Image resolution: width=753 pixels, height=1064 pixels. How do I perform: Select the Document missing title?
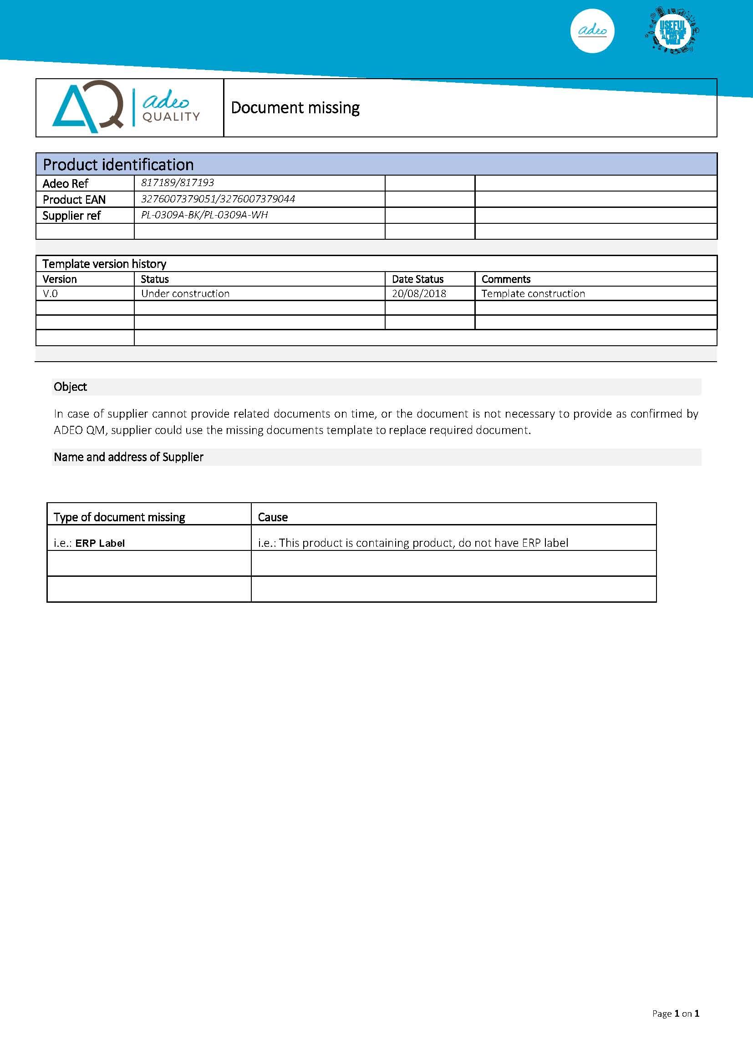[x=295, y=108]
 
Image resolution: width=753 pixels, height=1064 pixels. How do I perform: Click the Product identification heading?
[x=118, y=165]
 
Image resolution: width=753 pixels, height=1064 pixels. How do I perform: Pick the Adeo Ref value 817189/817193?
[x=178, y=182]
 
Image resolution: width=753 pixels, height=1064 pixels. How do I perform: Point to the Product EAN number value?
[x=218, y=199]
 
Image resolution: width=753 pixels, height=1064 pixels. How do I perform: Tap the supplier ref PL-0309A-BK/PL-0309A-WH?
[x=204, y=215]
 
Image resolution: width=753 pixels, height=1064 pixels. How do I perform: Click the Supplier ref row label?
[x=71, y=216]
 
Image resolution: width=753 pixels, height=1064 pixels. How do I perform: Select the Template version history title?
[x=104, y=264]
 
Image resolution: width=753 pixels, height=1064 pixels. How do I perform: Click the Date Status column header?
[x=417, y=279]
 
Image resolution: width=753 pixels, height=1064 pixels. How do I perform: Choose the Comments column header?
[x=506, y=279]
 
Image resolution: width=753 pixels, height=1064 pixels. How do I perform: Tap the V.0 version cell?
[x=50, y=293]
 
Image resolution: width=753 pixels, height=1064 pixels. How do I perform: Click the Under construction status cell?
[x=185, y=293]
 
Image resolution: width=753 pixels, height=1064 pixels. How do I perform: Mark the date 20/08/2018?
[x=419, y=293]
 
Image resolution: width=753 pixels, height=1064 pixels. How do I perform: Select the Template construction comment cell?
[x=533, y=293]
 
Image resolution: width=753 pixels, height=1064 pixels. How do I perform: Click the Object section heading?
[x=71, y=387]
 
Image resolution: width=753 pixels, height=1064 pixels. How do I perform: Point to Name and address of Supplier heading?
[x=128, y=457]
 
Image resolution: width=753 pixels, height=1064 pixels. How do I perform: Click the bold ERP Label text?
[x=100, y=543]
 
